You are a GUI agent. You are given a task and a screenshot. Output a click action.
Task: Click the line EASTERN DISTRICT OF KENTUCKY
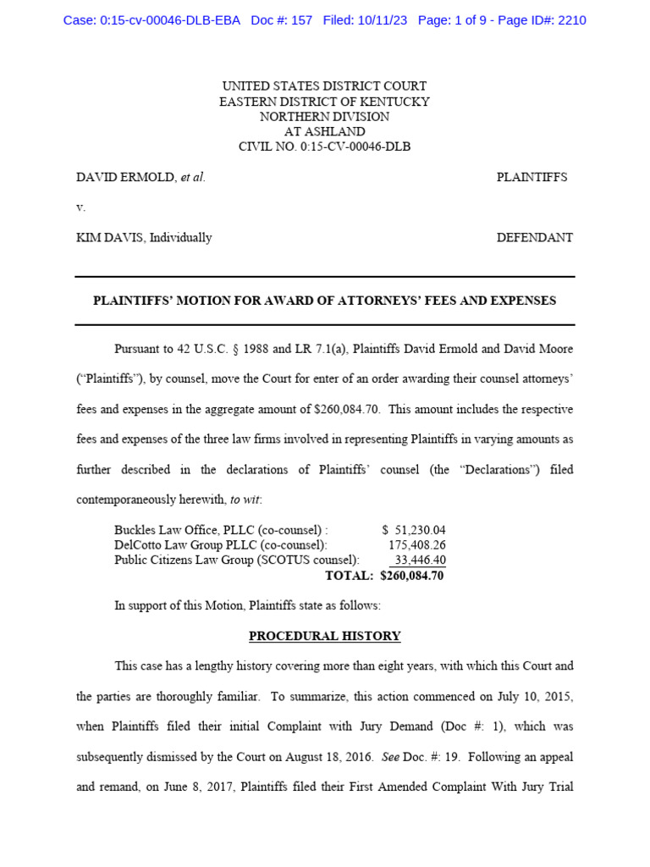(324, 102)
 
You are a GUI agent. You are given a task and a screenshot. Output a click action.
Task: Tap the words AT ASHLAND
(324, 132)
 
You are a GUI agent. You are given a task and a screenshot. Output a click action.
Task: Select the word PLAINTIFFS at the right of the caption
(532, 177)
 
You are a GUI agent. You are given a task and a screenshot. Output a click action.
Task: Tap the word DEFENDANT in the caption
(534, 238)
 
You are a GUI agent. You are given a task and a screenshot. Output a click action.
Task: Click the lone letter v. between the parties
(80, 207)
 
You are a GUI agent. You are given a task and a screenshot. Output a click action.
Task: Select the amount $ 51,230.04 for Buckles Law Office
(413, 530)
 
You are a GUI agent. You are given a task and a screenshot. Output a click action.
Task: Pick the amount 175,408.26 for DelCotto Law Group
(416, 545)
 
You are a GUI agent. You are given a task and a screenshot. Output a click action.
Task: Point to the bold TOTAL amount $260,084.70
(412, 576)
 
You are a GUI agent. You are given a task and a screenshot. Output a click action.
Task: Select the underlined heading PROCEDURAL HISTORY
(324, 636)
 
